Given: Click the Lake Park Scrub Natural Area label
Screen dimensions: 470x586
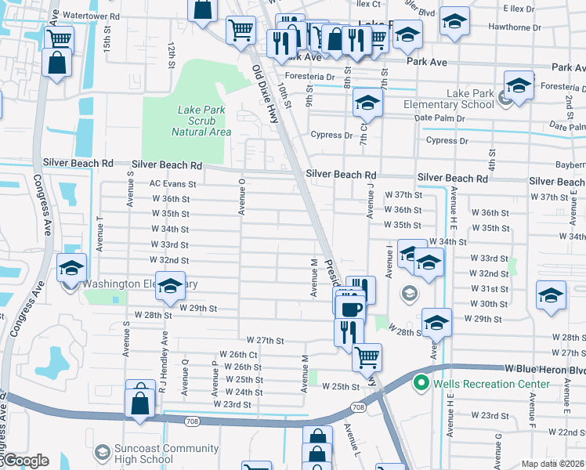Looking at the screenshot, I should (201, 121).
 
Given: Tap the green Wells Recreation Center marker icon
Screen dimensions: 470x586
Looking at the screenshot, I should (421, 383).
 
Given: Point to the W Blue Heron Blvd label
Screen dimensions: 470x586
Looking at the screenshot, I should (544, 368).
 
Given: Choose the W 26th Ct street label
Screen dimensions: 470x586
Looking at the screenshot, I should (238, 354).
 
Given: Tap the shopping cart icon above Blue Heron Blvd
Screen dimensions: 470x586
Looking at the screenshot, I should (366, 357).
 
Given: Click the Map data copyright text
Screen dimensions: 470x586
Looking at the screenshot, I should (552, 463).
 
